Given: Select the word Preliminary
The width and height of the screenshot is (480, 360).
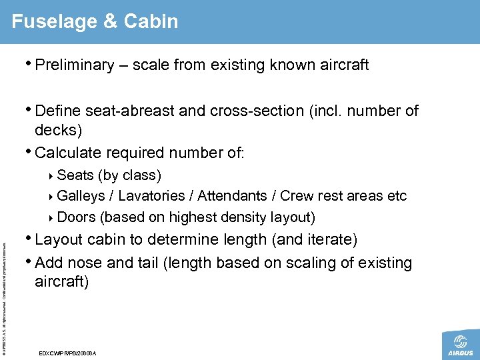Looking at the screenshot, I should (x=75, y=65).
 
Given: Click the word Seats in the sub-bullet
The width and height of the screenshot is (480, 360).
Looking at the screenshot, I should (x=75, y=175).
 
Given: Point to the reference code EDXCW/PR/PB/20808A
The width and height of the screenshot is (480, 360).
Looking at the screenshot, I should (x=68, y=353).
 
